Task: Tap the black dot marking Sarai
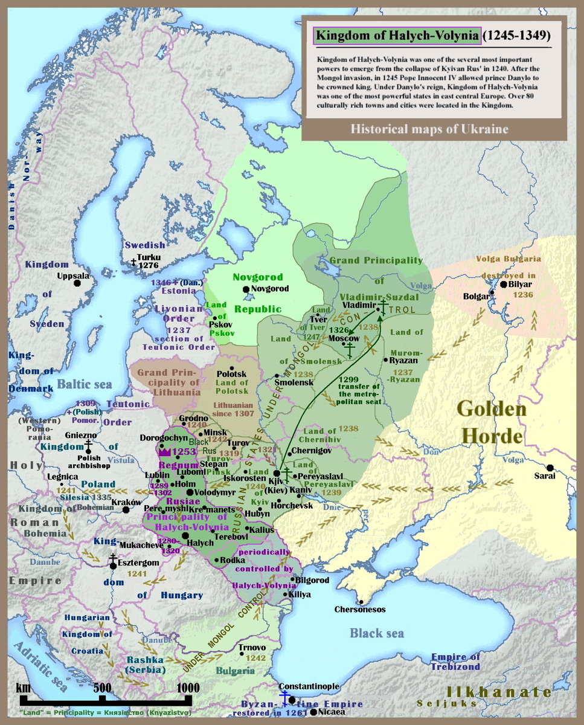tap(550, 467)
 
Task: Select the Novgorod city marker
tap(246, 289)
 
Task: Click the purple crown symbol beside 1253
tap(163, 451)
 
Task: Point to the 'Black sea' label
tap(376, 633)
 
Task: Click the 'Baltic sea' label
tap(85, 384)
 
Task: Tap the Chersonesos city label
tap(360, 609)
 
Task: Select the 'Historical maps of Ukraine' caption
tap(429, 129)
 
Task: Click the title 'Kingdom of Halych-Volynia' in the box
tap(397, 36)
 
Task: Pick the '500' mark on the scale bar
tap(102, 688)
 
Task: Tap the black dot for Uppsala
tap(77, 284)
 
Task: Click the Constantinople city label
tap(309, 687)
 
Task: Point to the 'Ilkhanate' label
tap(498, 692)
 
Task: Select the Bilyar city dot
tap(502, 285)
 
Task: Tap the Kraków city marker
tap(126, 509)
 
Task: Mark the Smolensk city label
tap(294, 383)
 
